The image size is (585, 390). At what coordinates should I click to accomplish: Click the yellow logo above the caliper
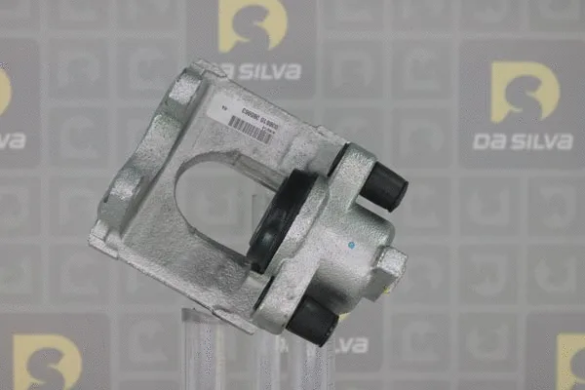(252, 27)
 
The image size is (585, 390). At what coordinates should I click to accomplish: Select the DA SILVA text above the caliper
(260, 70)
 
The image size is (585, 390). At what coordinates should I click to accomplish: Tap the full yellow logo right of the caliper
(525, 93)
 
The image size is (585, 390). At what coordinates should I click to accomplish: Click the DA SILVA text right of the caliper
(523, 140)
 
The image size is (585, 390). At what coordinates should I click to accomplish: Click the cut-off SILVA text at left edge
(12, 140)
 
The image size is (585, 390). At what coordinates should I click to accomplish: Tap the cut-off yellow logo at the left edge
(5, 93)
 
